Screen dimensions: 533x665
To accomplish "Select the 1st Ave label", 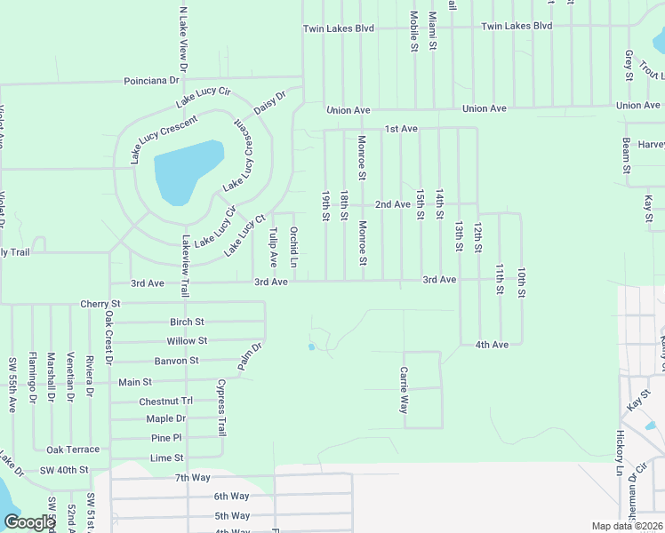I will point(401,129).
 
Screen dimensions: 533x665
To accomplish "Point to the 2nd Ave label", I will point(392,204).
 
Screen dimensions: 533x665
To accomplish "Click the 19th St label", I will point(326,205).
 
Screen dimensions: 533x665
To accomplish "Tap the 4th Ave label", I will point(492,345).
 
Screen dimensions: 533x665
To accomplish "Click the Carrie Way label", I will point(404,391).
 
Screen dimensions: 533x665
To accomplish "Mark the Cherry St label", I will point(100,304).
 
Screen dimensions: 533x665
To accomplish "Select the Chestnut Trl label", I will point(165,402).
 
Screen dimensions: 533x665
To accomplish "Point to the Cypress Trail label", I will point(221,408).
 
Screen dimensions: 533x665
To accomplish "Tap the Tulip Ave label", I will point(273,247).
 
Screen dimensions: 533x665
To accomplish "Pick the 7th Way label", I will point(193,478).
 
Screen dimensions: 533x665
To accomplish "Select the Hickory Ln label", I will point(620,454).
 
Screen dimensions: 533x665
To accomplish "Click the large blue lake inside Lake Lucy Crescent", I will point(185,171).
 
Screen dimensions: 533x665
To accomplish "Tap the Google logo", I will point(28,522).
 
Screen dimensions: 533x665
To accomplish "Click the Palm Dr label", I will point(250,357).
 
